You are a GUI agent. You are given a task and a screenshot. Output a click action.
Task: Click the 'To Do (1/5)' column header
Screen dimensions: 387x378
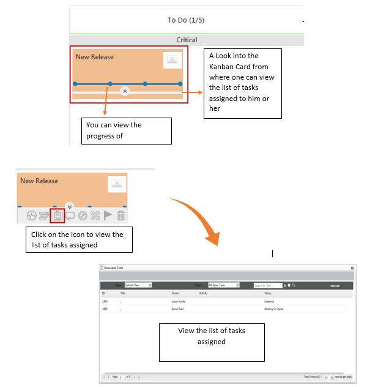(x=185, y=20)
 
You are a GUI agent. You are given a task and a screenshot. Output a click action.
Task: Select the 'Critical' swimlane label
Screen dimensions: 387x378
(x=187, y=40)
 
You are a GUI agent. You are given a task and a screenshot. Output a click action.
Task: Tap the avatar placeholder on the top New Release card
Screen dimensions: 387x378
(x=172, y=60)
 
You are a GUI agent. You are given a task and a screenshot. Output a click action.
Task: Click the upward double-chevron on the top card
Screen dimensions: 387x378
(x=125, y=91)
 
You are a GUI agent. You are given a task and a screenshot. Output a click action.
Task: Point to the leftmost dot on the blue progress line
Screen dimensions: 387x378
(x=75, y=83)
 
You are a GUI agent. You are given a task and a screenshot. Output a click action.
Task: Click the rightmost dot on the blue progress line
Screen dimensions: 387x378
(x=180, y=83)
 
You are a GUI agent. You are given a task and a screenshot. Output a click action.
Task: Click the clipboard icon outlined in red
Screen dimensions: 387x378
(x=57, y=216)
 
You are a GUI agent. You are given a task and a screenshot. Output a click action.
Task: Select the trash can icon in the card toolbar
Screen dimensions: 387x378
(x=121, y=216)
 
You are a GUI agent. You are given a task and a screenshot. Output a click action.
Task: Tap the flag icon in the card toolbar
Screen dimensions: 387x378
(x=108, y=216)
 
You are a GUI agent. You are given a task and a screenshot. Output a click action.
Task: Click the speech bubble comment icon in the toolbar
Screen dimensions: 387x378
(x=70, y=216)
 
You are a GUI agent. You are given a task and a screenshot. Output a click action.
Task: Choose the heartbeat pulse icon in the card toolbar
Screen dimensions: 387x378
(x=31, y=216)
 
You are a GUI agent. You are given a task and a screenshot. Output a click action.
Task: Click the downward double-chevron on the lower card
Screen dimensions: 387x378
(x=69, y=206)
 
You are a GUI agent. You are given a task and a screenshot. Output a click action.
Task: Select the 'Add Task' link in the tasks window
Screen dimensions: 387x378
(x=335, y=285)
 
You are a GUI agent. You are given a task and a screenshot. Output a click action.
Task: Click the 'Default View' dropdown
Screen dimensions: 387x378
(x=138, y=285)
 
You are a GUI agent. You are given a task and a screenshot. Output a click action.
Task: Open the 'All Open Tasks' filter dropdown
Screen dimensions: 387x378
(x=223, y=285)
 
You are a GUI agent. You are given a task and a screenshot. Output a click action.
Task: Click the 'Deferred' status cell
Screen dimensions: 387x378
(x=269, y=301)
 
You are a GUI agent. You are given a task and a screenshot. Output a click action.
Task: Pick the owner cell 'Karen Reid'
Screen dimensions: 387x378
(x=178, y=309)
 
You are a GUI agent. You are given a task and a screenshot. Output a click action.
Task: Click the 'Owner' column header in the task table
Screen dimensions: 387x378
(x=175, y=293)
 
